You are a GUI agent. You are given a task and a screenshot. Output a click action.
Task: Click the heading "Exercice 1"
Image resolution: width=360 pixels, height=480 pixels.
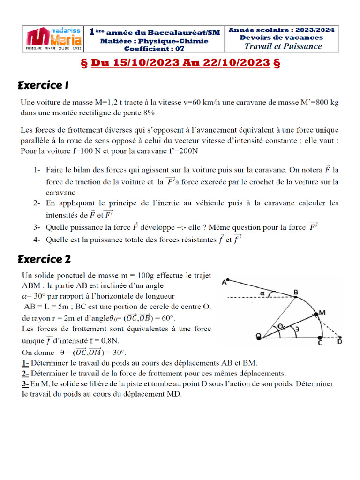point(43,85)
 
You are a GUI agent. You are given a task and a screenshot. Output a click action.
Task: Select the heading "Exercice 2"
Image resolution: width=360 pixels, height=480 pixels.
point(44,259)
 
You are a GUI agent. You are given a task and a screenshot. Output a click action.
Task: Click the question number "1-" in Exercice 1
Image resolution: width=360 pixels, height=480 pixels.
point(37,169)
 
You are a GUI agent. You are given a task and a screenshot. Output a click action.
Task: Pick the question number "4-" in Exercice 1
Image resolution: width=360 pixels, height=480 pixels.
point(37,240)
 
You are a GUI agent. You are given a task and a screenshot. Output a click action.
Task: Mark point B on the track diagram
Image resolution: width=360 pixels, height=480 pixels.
point(296,293)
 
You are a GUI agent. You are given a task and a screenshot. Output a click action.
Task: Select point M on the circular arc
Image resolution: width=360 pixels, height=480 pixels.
point(322,313)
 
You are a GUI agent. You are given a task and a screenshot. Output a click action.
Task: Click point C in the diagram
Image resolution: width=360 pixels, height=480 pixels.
point(320,343)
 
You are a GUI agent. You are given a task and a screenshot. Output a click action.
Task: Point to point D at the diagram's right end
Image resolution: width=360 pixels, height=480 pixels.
point(340,343)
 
